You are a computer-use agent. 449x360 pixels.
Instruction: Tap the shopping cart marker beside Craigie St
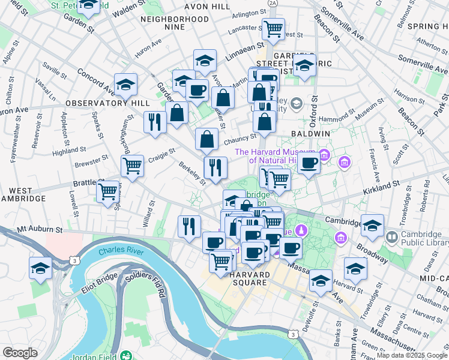(x=132, y=165)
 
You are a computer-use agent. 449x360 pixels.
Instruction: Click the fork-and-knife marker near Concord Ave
(x=155, y=121)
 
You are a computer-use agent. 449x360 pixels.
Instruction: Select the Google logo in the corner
(x=20, y=353)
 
